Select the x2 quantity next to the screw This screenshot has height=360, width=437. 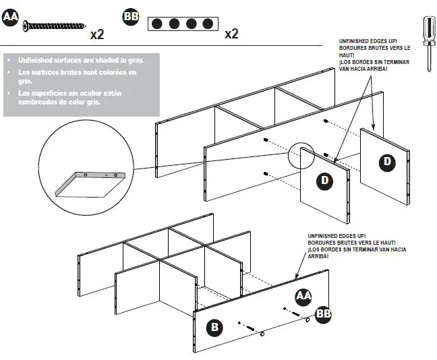96,34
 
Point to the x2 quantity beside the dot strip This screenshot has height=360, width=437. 231,34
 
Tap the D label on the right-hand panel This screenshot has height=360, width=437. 387,161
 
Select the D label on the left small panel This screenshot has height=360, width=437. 324,181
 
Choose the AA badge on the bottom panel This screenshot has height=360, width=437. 303,295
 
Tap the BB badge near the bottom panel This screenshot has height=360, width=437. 323,314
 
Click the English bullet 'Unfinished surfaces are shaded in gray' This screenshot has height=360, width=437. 84,60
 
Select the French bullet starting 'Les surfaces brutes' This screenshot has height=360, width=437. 78,76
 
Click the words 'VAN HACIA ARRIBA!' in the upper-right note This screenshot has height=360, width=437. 363,68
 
